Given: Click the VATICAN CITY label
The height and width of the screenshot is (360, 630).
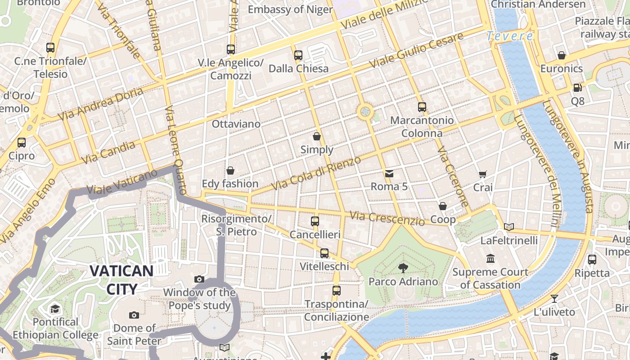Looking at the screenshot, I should click(121, 279).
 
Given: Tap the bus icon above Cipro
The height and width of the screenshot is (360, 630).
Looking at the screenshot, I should click(22, 143).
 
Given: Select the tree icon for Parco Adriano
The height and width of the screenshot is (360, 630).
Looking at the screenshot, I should click(403, 268).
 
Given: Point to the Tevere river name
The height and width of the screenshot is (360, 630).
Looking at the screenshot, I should click(510, 36).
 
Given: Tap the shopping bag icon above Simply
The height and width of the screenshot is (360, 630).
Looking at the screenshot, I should click(317, 136).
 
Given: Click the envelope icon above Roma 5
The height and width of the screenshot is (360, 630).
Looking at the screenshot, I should click(389, 173).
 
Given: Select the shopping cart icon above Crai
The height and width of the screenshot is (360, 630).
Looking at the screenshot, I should click(483, 174).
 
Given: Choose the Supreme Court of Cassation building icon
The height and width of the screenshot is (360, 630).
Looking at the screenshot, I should click(490, 259).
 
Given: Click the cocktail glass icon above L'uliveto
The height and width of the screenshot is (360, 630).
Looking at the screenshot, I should click(554, 298).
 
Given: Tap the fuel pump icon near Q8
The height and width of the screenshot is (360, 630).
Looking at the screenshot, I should click(577, 88).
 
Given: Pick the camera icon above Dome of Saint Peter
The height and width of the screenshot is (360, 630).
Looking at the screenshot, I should click(134, 315).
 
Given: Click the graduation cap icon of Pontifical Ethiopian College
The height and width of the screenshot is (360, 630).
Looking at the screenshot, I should click(55, 309).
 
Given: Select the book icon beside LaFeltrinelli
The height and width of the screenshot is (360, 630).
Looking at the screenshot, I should click(509, 227).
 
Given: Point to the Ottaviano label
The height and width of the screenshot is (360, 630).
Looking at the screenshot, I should click(236, 124).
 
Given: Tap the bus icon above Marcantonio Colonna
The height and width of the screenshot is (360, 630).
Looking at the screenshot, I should click(422, 107).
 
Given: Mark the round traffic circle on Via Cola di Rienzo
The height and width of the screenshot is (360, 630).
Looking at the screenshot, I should click(365, 111).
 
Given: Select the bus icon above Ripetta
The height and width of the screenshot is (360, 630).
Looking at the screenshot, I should click(592, 260).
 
